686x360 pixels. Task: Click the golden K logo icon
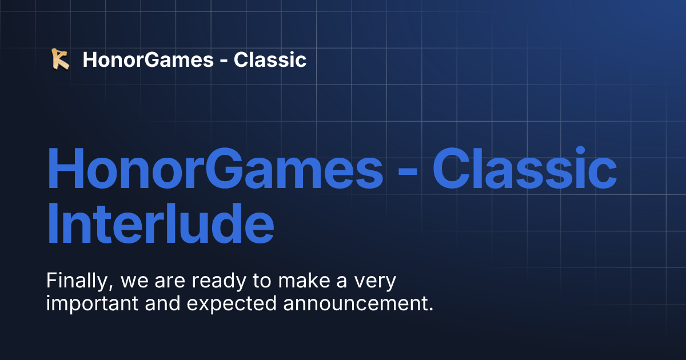click(x=60, y=59)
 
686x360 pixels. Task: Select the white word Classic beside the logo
click(x=270, y=59)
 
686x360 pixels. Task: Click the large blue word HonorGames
click(x=215, y=169)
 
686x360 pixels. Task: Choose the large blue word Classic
click(x=525, y=169)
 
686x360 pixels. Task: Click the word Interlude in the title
click(x=160, y=226)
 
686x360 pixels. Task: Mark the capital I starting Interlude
click(x=53, y=226)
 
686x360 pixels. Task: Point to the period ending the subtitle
click(x=430, y=310)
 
